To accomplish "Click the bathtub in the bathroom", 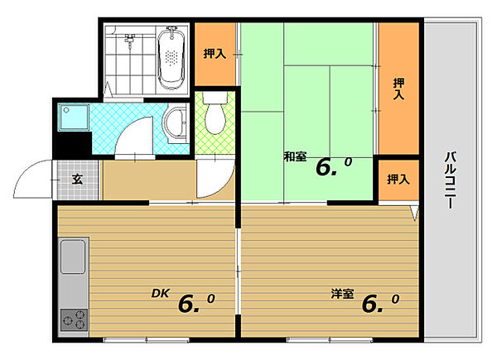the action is tap(171, 59).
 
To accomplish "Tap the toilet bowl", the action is tap(215, 113).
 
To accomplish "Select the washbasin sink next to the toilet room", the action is tap(175, 123).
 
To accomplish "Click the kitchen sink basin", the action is tap(73, 257).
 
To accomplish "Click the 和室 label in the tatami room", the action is tap(295, 156).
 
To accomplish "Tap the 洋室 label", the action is tap(342, 294).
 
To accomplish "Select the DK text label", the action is tap(161, 293).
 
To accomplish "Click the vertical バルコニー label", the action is tap(451, 180).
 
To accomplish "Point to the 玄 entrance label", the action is tap(77, 180).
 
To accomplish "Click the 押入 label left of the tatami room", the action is tap(215, 54).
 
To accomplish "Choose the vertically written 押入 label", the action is tap(398, 89).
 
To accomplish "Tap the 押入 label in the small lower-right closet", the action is tap(398, 180).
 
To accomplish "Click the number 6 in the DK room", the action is tap(188, 305).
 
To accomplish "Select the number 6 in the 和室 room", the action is tap(325, 167).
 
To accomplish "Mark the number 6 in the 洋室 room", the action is tap(371, 305).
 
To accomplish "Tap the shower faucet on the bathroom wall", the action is tap(129, 41).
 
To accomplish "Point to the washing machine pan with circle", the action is tap(73, 117).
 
